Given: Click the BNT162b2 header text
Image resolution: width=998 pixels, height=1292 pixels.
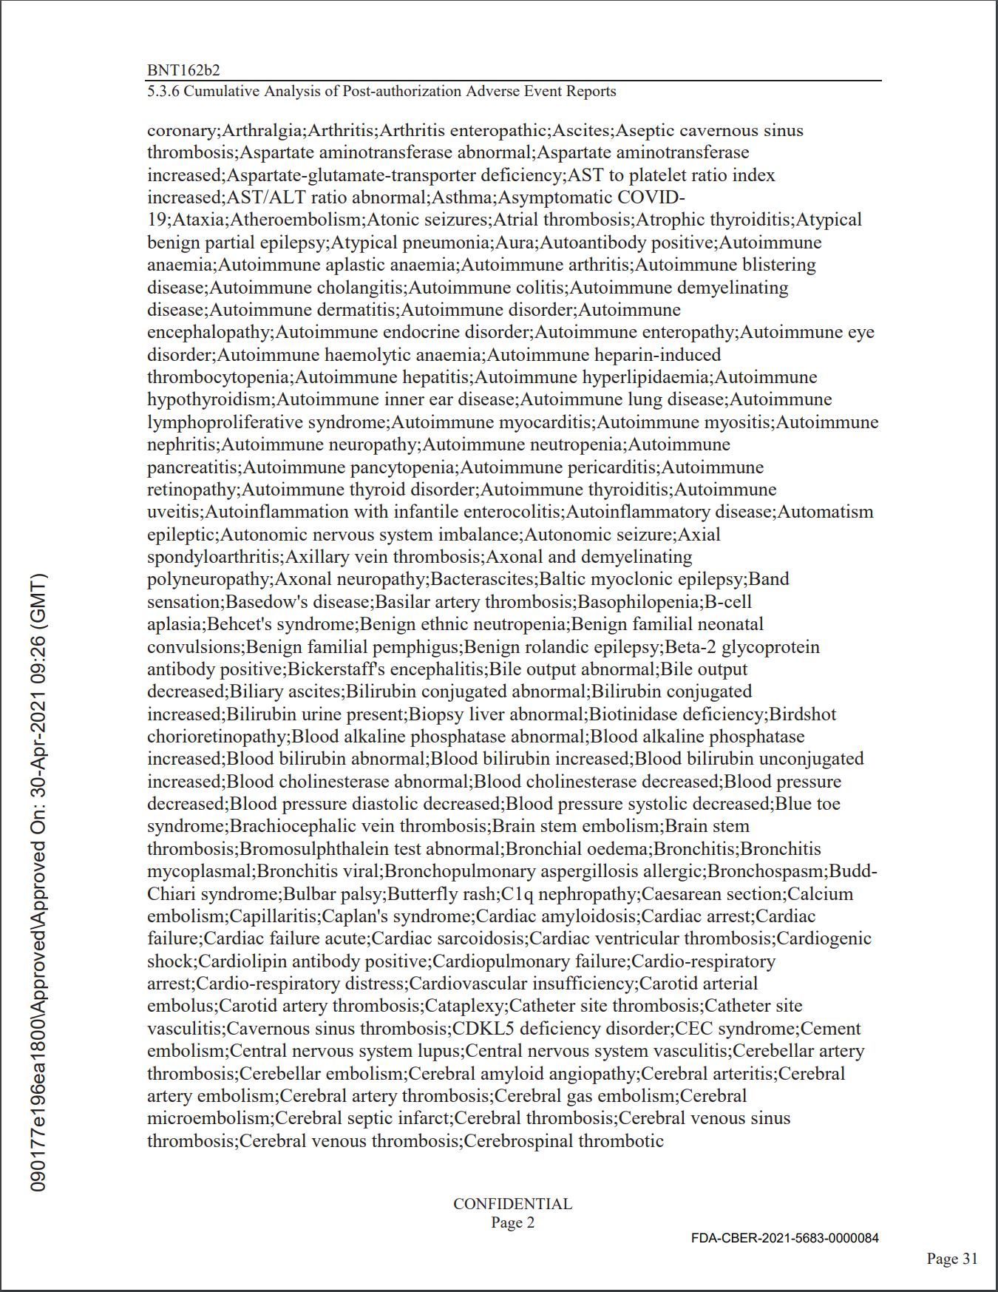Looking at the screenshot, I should click(183, 70).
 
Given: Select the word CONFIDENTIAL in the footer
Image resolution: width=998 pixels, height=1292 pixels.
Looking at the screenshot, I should click(512, 1204).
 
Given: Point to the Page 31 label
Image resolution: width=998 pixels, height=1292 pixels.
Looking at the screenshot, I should click(952, 1259).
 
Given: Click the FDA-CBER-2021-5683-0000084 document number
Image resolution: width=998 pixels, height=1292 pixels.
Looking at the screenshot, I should click(785, 1238).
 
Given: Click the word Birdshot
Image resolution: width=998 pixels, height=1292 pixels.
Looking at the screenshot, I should click(803, 714).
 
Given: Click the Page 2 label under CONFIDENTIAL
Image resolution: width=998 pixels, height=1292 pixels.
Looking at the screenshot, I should click(512, 1222).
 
